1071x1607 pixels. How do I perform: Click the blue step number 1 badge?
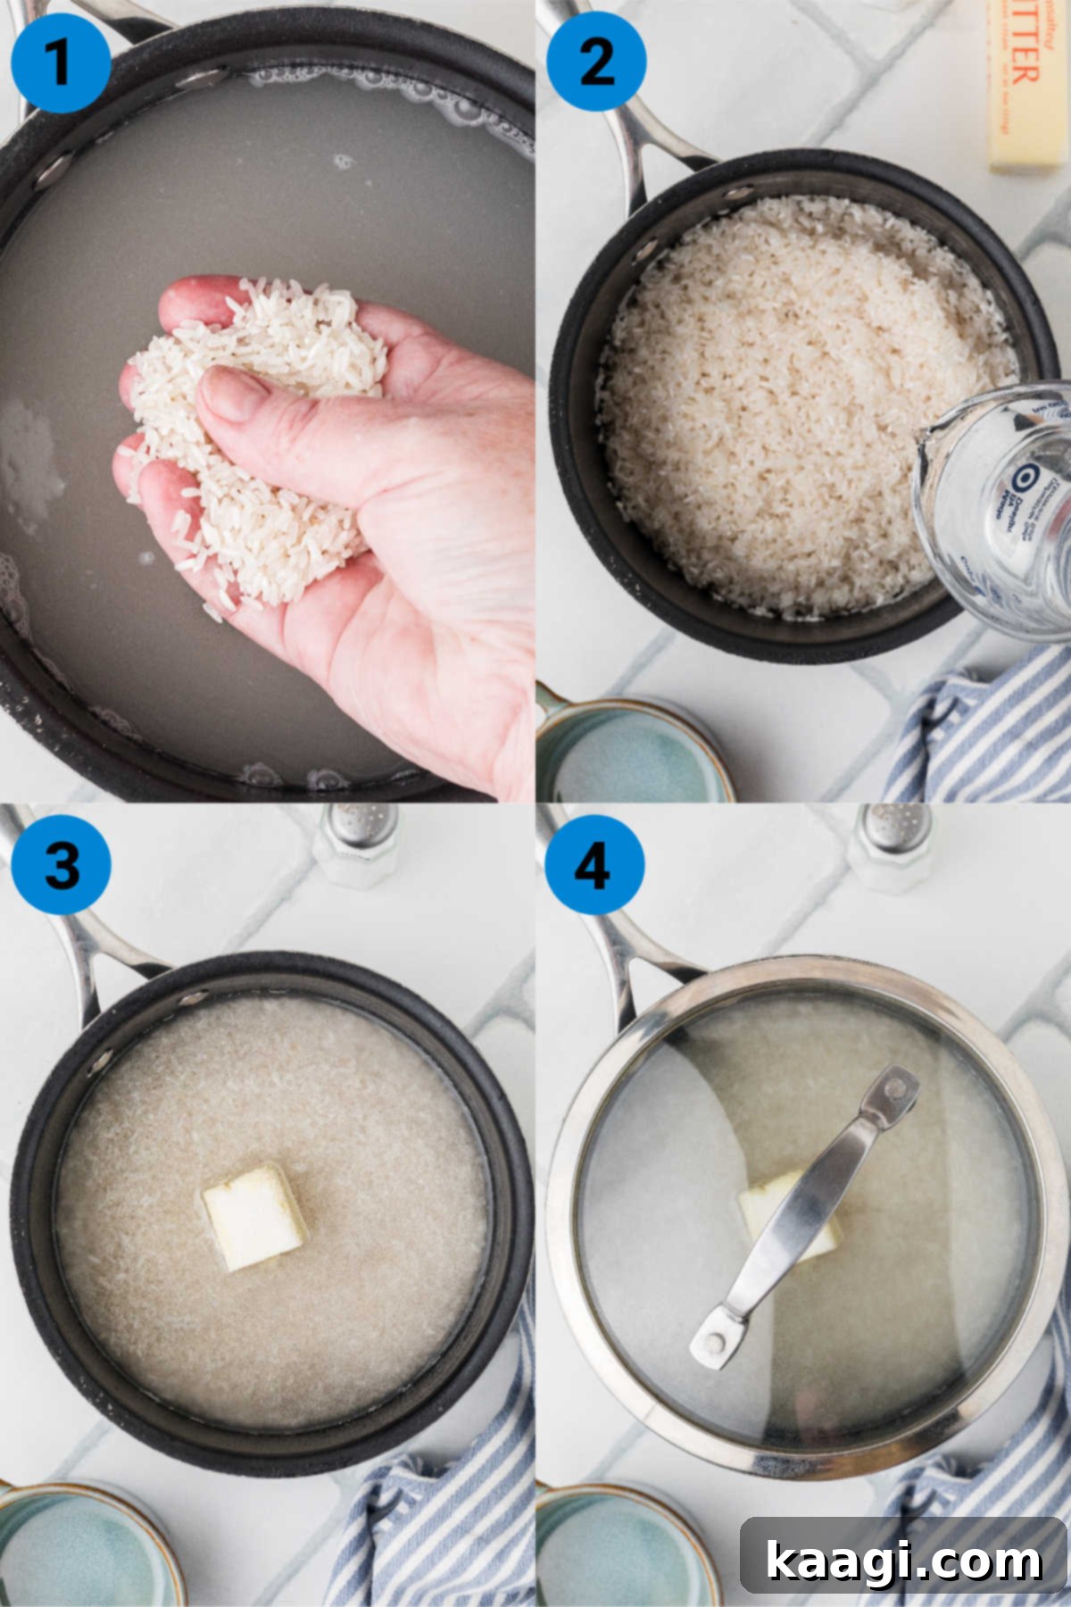coord(61,62)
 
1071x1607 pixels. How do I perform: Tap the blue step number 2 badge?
coord(595,62)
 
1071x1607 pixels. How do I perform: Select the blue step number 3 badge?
coord(61,864)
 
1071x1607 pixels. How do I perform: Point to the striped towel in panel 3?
coord(428,1518)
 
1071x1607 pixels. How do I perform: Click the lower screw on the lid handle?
coord(712,1342)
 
